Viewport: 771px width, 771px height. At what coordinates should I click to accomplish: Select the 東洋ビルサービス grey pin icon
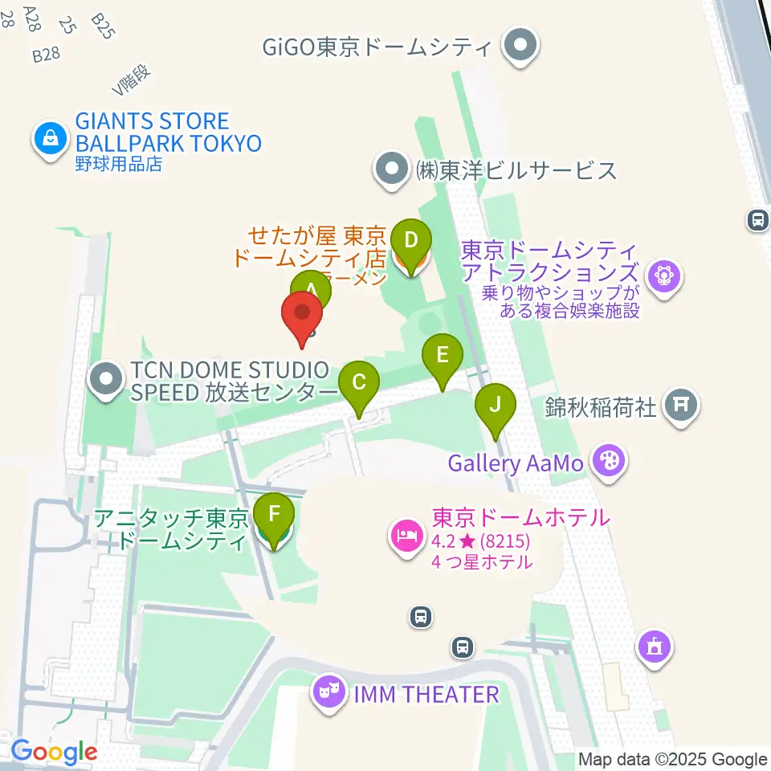click(392, 171)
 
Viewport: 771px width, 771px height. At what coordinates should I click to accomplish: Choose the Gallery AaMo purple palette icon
click(610, 462)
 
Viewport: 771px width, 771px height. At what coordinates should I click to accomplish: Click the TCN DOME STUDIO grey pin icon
click(106, 381)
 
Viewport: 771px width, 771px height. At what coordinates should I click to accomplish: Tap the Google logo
click(54, 752)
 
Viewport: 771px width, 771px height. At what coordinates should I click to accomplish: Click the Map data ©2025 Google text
click(673, 759)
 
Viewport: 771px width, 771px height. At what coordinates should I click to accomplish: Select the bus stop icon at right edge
click(757, 219)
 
